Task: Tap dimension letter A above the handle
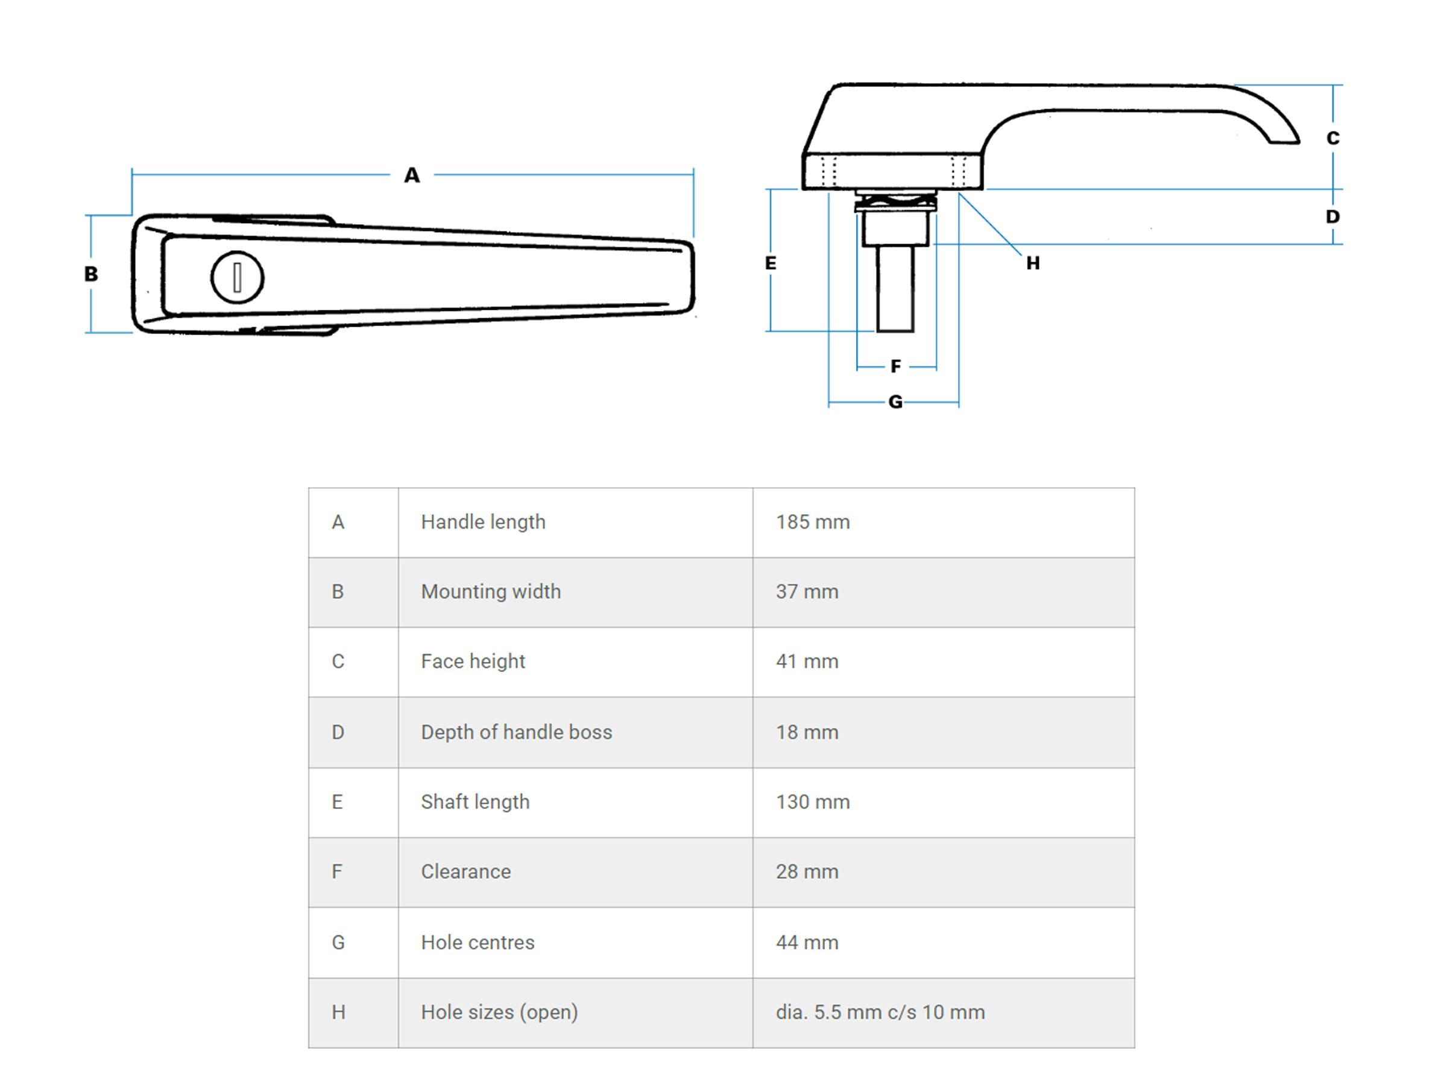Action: pos(411,175)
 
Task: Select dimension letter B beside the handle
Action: pos(91,274)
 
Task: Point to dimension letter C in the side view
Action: pos(1332,138)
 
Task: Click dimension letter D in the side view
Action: pos(1332,216)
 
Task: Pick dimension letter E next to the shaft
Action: pos(771,263)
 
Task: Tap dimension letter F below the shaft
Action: pos(895,366)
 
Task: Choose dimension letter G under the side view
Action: pos(895,401)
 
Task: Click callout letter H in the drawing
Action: pos(1033,263)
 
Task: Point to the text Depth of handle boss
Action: pos(516,732)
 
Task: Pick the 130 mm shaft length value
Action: pos(813,802)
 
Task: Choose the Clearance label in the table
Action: pos(466,872)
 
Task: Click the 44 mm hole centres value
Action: pos(807,942)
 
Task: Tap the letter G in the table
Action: pos(338,942)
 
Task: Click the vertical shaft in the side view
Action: pos(895,288)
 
